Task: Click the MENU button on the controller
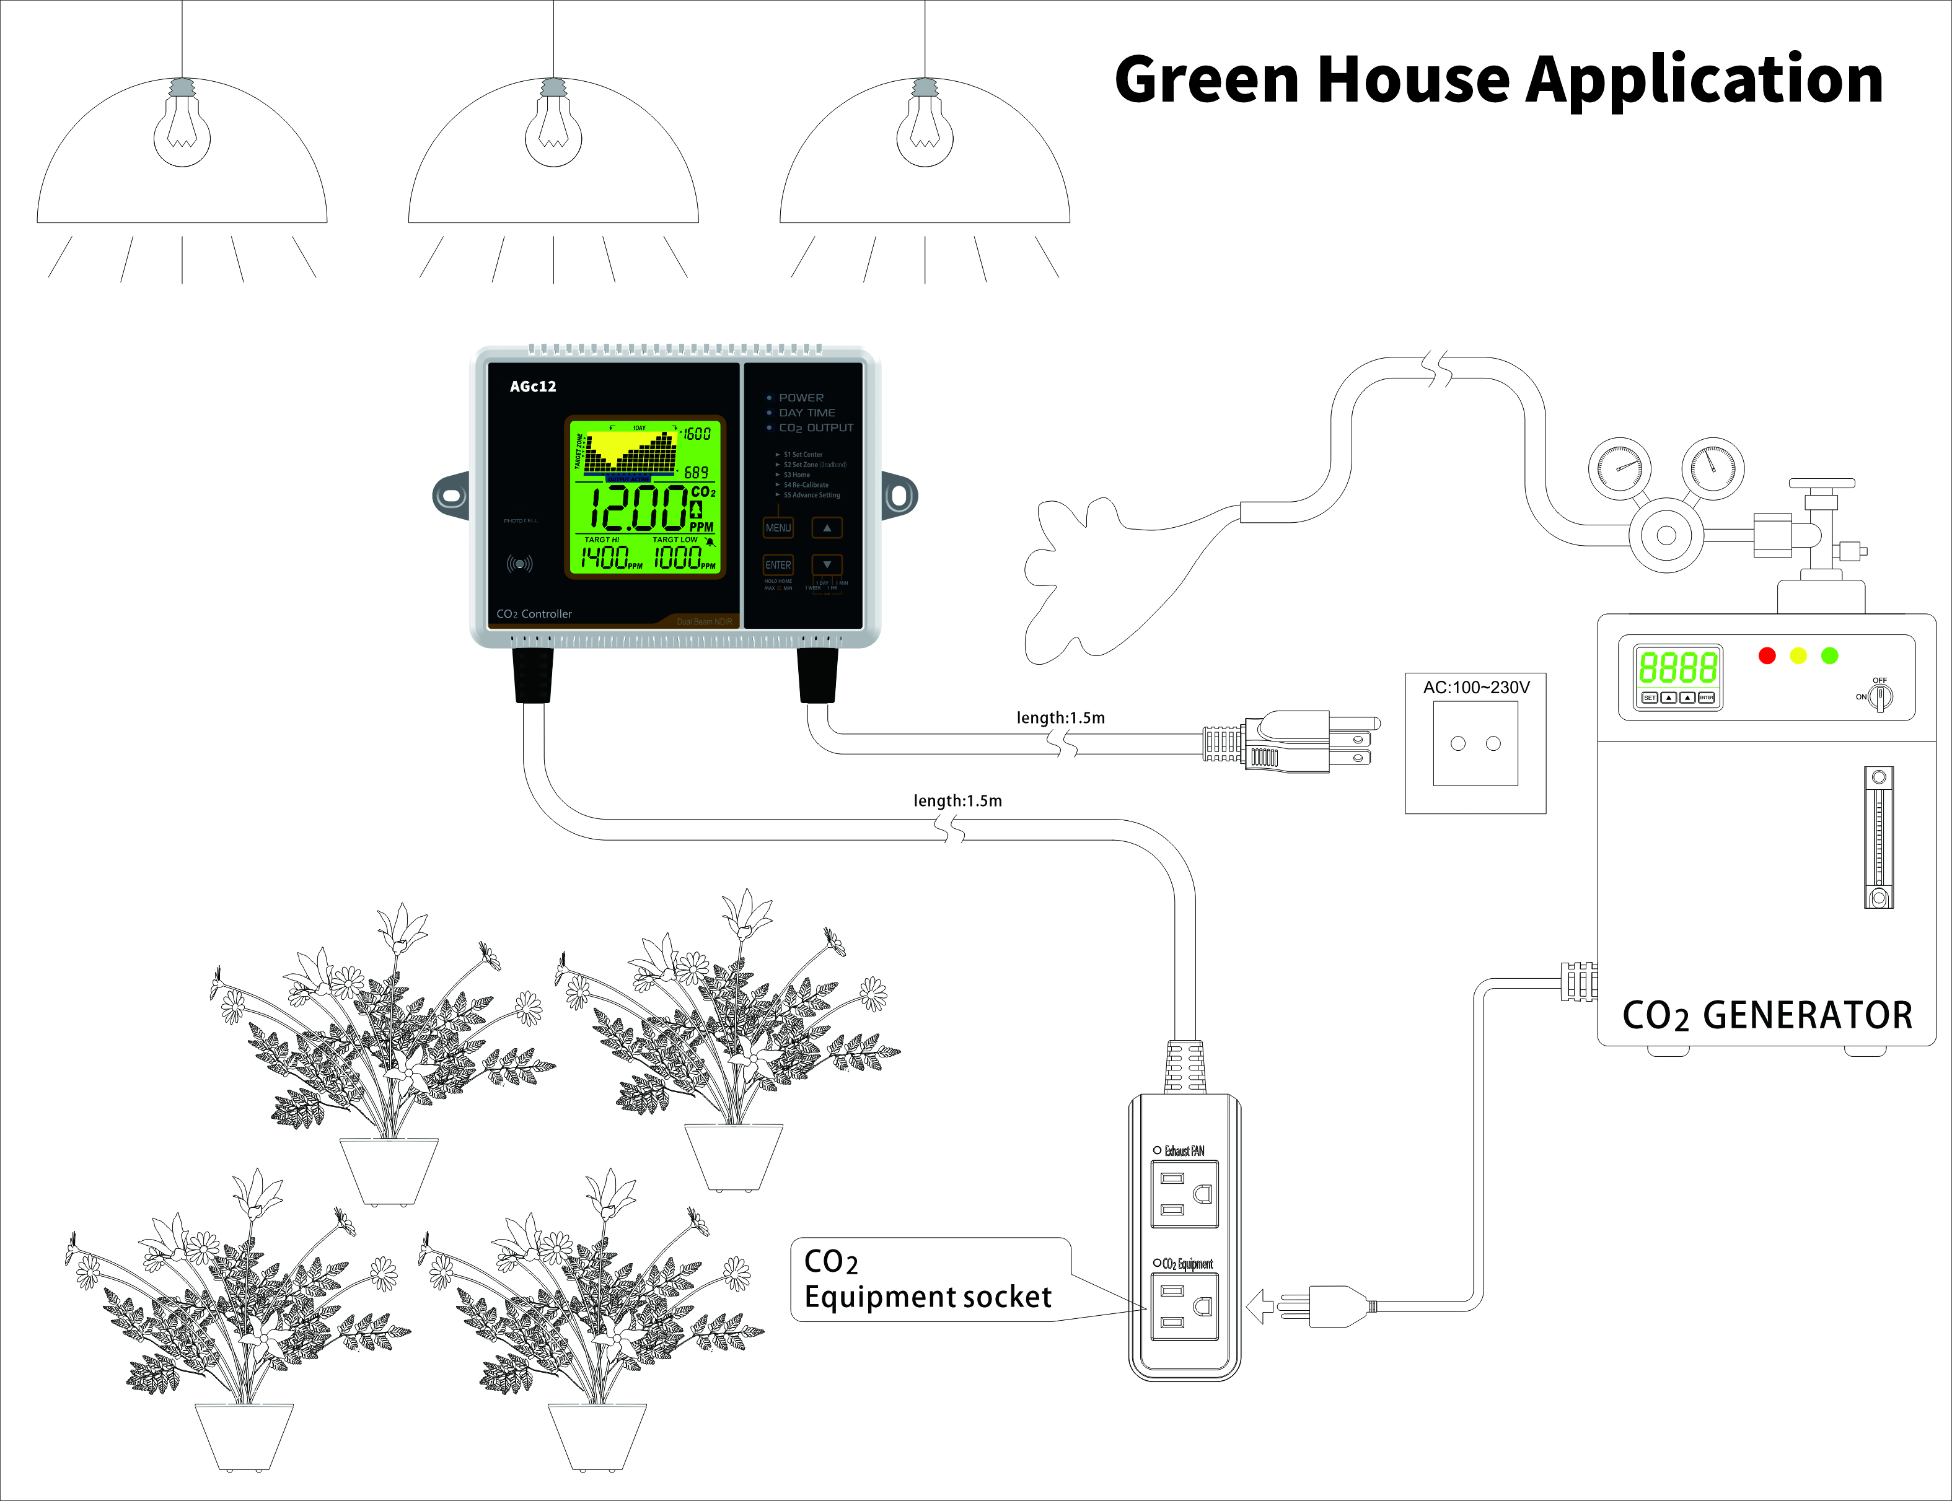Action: click(x=778, y=528)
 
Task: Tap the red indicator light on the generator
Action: click(x=1767, y=656)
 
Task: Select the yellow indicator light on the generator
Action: click(x=1798, y=656)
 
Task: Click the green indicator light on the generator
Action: click(x=1829, y=656)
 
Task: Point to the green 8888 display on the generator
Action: click(x=1677, y=667)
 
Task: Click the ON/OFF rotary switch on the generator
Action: click(x=1879, y=697)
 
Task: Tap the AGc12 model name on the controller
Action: click(x=533, y=386)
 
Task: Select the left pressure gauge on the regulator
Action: click(x=1619, y=467)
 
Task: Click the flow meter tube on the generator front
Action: click(x=1878, y=837)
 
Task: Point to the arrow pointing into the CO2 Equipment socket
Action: click(x=1259, y=1306)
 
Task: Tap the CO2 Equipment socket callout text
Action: click(x=927, y=1279)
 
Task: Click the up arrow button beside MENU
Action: click(x=827, y=528)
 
